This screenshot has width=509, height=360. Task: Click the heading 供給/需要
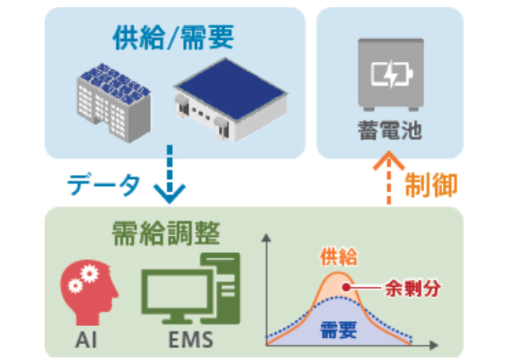(172, 38)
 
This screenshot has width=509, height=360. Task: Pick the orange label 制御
(432, 183)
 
